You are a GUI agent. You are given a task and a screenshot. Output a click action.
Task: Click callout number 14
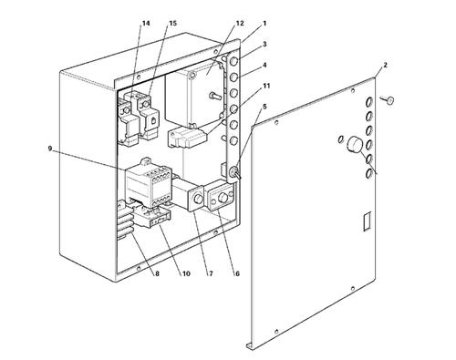pyautogui.click(x=146, y=24)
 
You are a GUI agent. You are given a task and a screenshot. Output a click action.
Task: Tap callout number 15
pyautogui.click(x=172, y=24)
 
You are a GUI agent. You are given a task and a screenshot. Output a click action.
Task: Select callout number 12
pyautogui.click(x=240, y=24)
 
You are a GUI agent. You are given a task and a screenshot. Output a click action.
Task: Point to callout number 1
pyautogui.click(x=264, y=23)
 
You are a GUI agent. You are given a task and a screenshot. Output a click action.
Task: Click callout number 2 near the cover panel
pyautogui.click(x=385, y=65)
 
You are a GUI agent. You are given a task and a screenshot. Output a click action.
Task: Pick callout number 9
pyautogui.click(x=50, y=149)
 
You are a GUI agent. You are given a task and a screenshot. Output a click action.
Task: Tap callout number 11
pyautogui.click(x=266, y=86)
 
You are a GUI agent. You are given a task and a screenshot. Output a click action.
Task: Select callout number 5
pyautogui.click(x=264, y=107)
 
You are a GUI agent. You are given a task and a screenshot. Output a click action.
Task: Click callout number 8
pyautogui.click(x=157, y=273)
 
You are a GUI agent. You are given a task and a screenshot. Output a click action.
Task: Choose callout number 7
pyautogui.click(x=211, y=273)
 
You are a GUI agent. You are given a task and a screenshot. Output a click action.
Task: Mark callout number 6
pyautogui.click(x=237, y=273)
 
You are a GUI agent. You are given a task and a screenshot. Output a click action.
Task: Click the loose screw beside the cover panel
pyautogui.click(x=388, y=99)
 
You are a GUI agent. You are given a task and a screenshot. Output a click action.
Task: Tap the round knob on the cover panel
pyautogui.click(x=354, y=145)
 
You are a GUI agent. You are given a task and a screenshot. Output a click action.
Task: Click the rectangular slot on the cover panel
pyautogui.click(x=368, y=221)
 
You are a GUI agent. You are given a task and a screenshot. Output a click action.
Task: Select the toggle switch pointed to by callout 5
pyautogui.click(x=236, y=173)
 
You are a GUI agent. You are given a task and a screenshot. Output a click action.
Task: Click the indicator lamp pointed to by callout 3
pyautogui.click(x=233, y=62)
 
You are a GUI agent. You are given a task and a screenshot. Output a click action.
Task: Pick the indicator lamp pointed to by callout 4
pyautogui.click(x=233, y=77)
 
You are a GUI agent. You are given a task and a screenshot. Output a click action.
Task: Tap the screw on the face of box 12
pyautogui.click(x=214, y=96)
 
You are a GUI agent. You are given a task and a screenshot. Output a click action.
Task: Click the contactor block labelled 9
pyautogui.click(x=149, y=183)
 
